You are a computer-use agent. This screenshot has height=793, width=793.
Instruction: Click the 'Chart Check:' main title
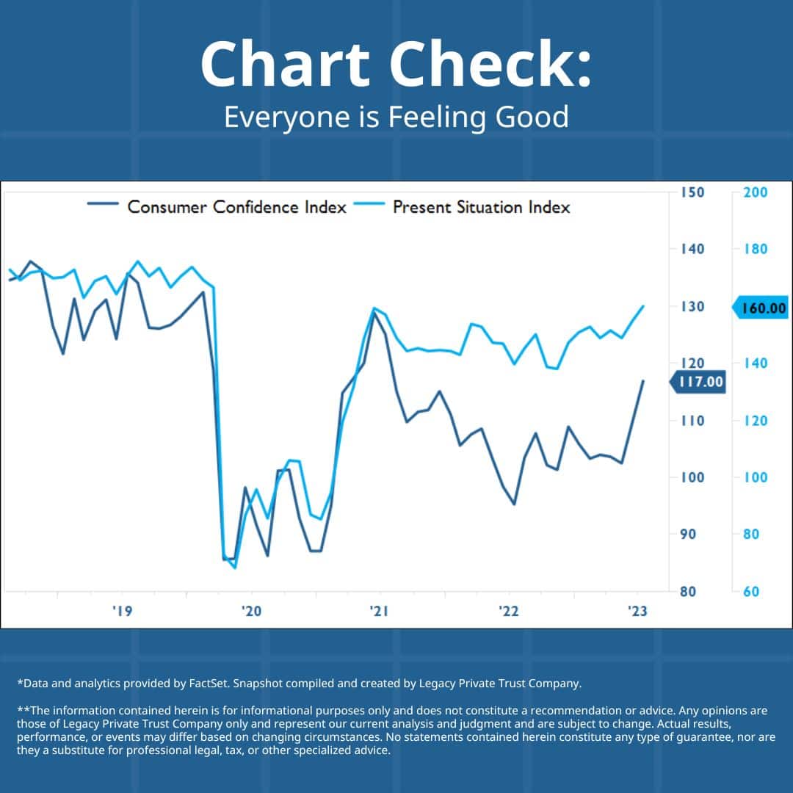tap(396, 65)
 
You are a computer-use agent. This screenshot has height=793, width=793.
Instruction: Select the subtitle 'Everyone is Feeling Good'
tap(396, 117)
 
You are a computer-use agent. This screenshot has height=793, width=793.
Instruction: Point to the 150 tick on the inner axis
tap(692, 192)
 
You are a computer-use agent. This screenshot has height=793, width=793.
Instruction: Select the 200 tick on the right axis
tap(755, 192)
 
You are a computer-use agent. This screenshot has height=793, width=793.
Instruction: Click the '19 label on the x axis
tap(123, 612)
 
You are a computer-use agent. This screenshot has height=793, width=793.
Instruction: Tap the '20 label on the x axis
tap(252, 612)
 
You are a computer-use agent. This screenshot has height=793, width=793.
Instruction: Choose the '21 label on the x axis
tap(380, 612)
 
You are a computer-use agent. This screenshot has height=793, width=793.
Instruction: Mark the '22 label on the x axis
tap(509, 612)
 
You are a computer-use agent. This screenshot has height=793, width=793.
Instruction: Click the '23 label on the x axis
tap(637, 612)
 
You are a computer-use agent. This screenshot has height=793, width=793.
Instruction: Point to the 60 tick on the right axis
tap(751, 591)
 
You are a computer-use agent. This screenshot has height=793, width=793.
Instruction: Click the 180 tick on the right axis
tap(755, 249)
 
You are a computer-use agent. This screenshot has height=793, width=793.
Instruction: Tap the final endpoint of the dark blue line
tap(643, 381)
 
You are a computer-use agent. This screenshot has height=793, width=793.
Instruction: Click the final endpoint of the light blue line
tap(644, 306)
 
